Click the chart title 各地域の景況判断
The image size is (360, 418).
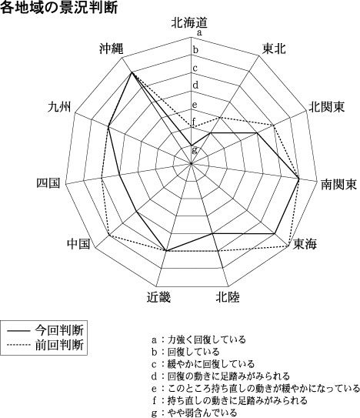[59, 8]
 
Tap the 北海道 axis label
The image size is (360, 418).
[189, 22]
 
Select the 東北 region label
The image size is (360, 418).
[274, 48]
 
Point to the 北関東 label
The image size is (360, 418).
[327, 107]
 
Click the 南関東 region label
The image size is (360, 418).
[338, 184]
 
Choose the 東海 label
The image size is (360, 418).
[305, 244]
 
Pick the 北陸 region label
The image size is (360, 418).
[228, 297]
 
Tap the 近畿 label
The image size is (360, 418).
[158, 297]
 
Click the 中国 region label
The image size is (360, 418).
[78, 244]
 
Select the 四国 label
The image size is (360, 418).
[48, 183]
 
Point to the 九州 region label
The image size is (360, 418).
[60, 107]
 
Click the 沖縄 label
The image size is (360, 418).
[112, 48]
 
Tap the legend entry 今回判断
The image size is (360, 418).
[59, 330]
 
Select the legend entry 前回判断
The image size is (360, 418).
[59, 345]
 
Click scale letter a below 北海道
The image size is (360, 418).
[199, 33]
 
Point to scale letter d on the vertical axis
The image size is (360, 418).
[195, 85]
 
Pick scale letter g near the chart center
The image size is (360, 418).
[195, 150]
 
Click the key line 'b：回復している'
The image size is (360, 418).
[185, 352]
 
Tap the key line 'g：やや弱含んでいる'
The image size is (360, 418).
[195, 413]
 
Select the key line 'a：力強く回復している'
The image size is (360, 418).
[198, 340]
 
